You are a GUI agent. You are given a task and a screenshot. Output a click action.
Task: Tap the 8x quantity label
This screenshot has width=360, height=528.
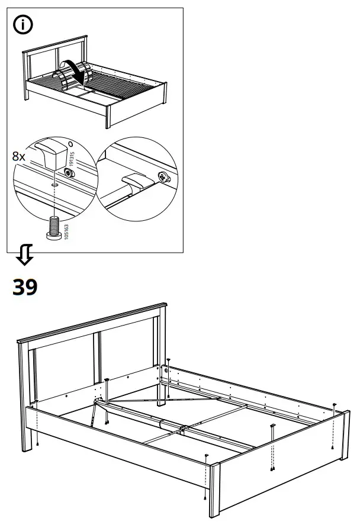pyautogui.click(x=20, y=157)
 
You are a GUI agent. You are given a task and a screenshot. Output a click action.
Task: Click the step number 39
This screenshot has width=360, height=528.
pyautogui.click(x=25, y=287)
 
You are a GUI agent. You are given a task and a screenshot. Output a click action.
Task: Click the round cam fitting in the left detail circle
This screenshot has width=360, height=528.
pyautogui.click(x=70, y=173)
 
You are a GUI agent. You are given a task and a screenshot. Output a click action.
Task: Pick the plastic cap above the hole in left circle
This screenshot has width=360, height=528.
pyautogui.click(x=50, y=153)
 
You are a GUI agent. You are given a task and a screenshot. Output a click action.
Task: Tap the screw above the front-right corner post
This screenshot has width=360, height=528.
pyautogui.click(x=206, y=456)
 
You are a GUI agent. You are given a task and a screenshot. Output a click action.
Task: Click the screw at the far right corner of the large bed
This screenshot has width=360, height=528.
pyautogui.click(x=335, y=405)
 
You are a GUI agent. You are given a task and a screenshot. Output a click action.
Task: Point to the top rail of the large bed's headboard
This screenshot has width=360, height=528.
pyautogui.click(x=92, y=322)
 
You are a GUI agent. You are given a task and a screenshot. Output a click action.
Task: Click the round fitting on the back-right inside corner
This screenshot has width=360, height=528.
pyautogui.click(x=166, y=371)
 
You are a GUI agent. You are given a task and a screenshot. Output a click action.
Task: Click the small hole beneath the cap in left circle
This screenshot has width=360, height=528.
pyautogui.click(x=54, y=183)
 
